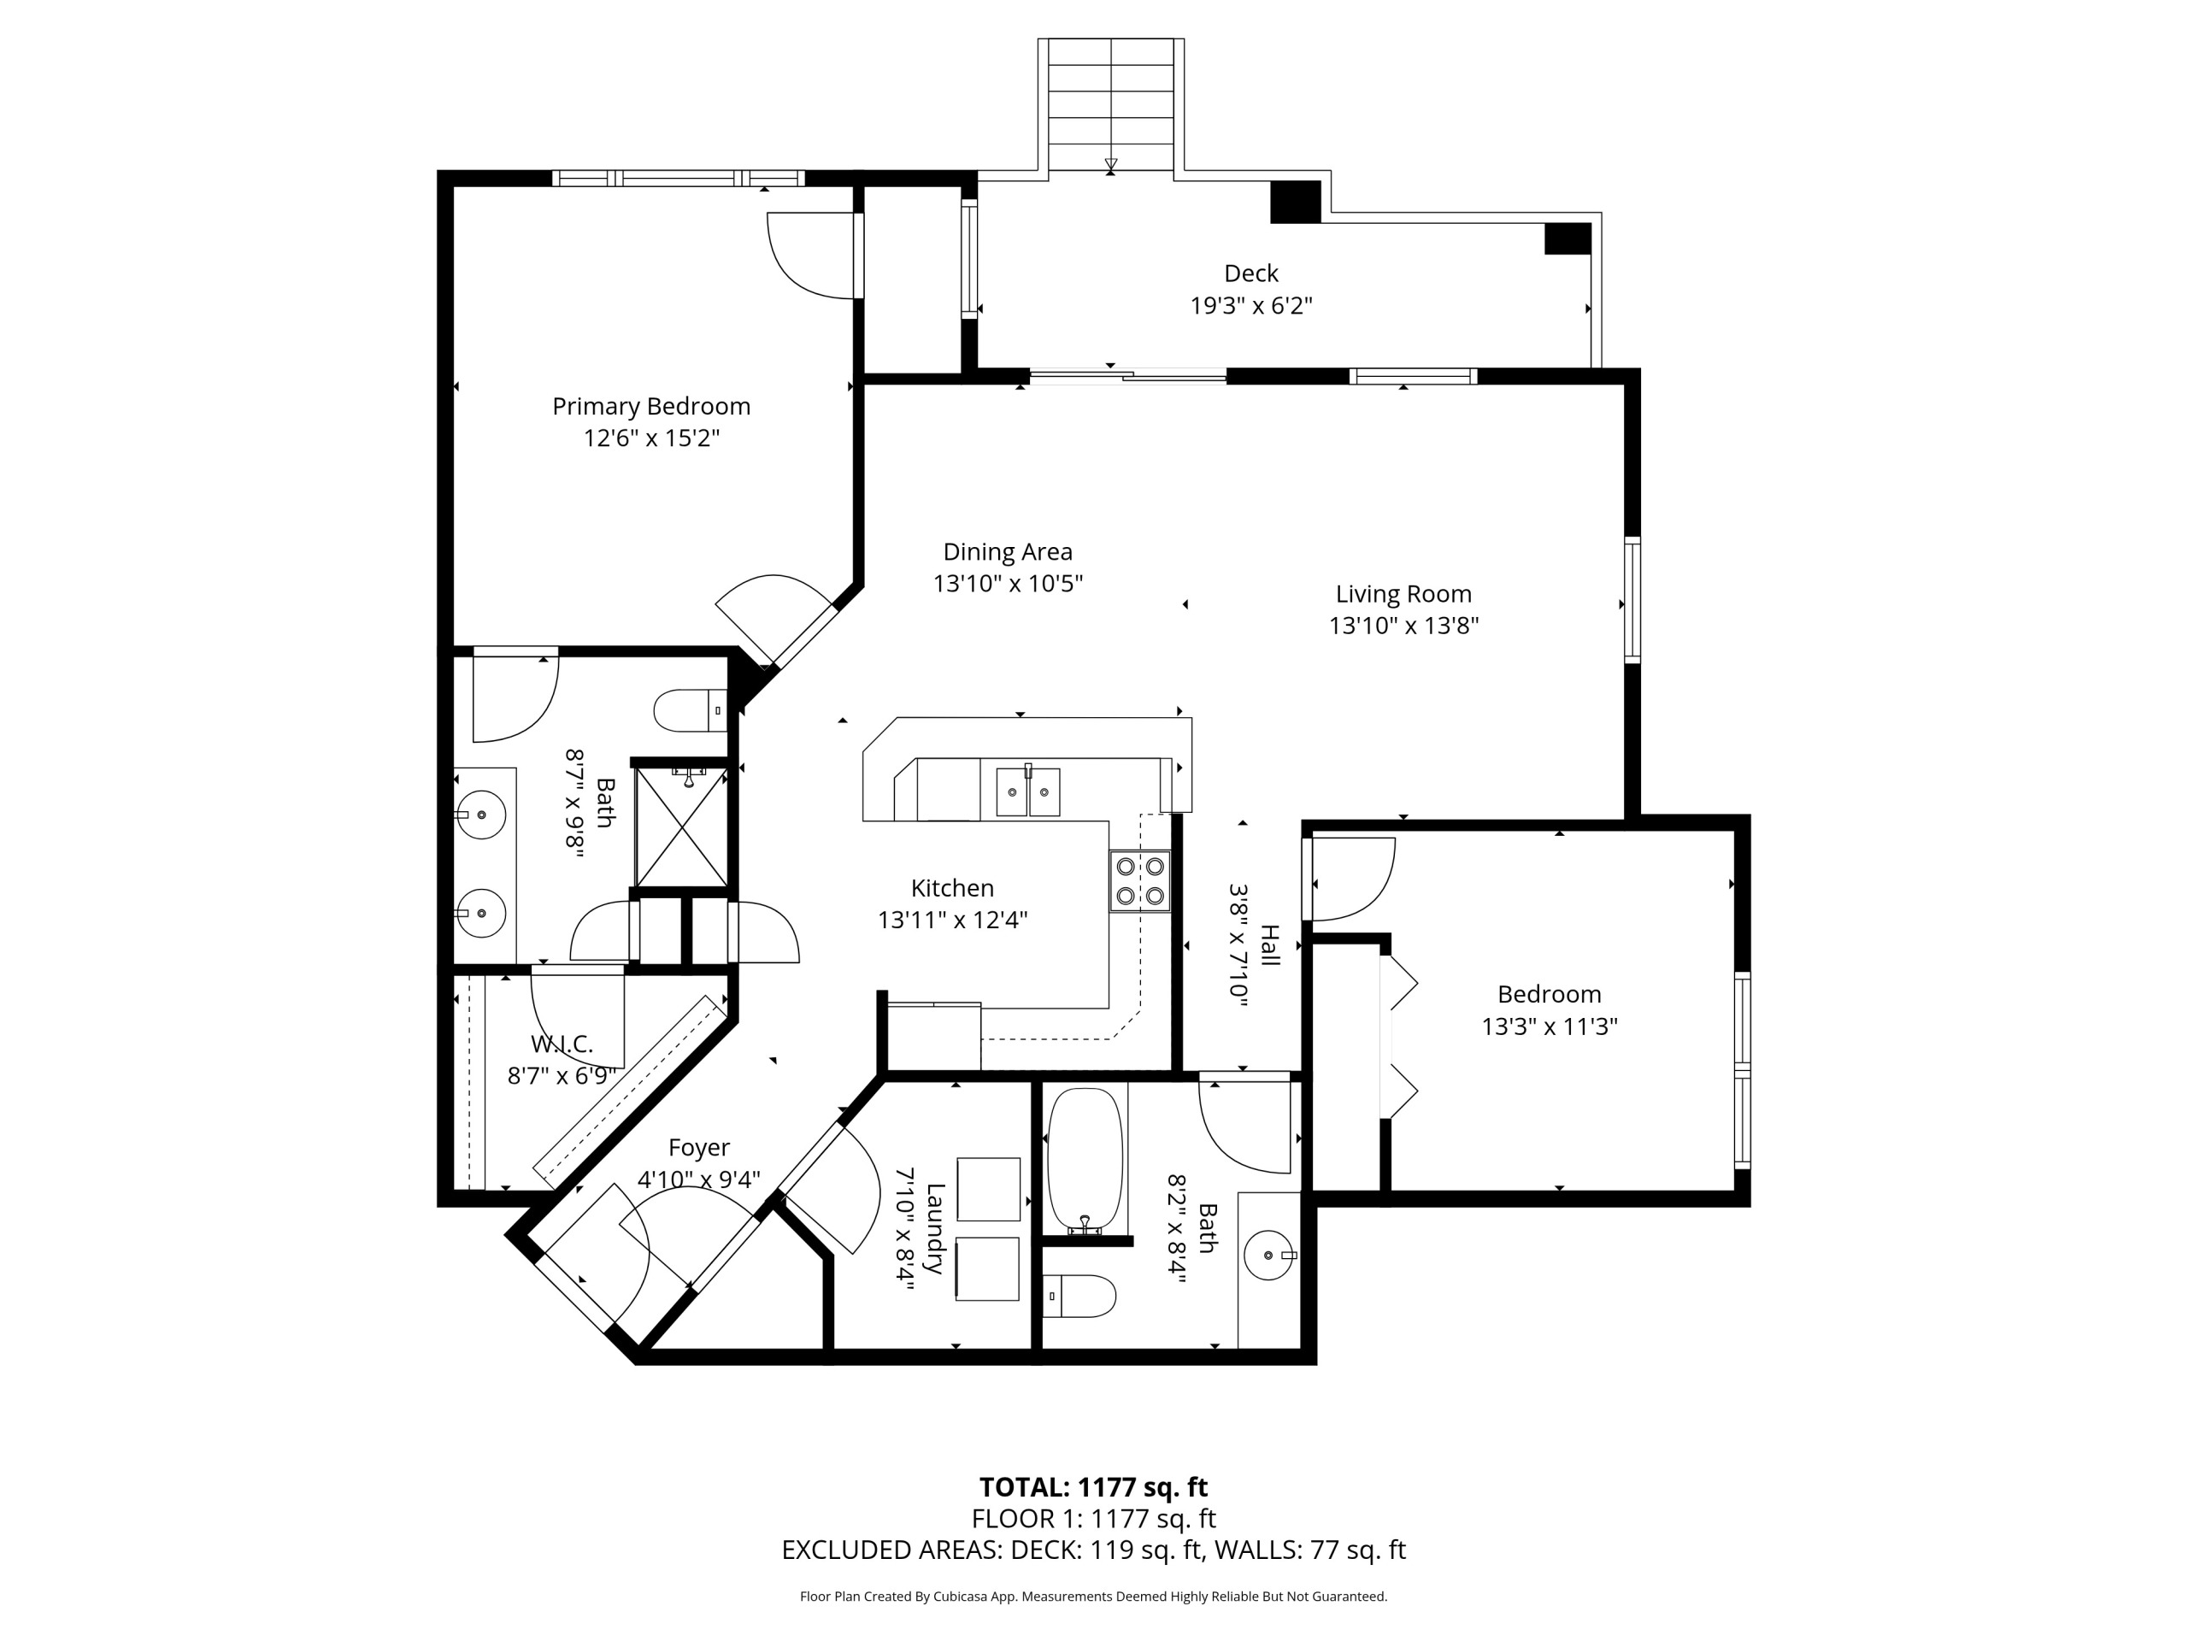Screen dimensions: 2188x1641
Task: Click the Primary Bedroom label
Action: coord(651,407)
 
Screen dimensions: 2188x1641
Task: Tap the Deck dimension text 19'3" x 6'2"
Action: coord(1250,306)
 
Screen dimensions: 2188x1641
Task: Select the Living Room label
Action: coord(1403,595)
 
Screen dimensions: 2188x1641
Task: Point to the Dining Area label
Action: coord(1007,552)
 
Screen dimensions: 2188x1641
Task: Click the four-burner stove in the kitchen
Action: coord(1139,880)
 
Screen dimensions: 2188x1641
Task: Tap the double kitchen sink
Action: coord(1026,791)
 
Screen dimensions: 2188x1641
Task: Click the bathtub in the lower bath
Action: coord(1085,1161)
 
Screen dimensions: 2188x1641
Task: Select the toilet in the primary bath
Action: coord(691,710)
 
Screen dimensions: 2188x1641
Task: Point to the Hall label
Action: coord(1270,945)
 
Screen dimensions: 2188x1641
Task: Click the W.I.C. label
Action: coord(562,1044)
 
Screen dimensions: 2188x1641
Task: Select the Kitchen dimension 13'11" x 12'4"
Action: coord(953,920)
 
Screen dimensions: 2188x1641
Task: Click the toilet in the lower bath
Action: coord(1080,1296)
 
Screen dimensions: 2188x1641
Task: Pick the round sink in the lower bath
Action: coord(1269,1254)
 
